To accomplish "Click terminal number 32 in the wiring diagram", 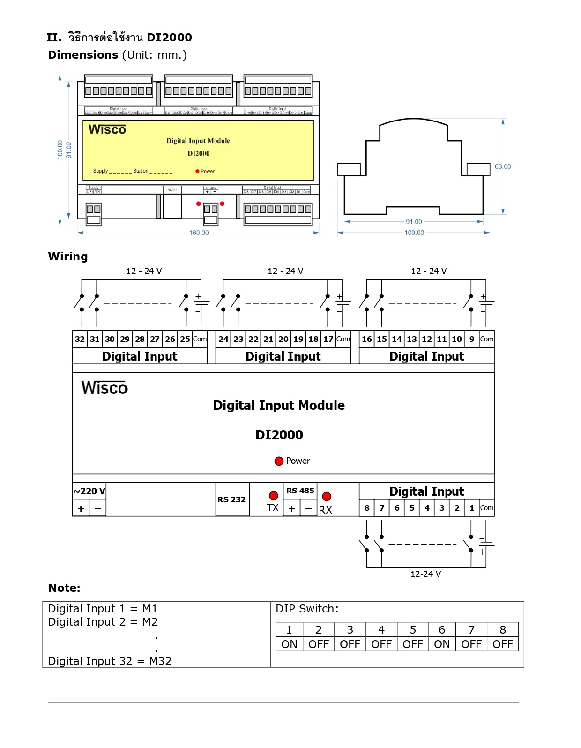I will pyautogui.click(x=80, y=339).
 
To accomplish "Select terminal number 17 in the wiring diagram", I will pyautogui.click(x=328, y=339).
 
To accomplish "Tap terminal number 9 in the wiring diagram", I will pyautogui.click(x=472, y=339).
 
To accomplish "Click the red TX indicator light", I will pyautogui.click(x=274, y=496).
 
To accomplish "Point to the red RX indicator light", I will pyautogui.click(x=327, y=496).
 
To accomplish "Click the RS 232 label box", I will pyautogui.click(x=231, y=499).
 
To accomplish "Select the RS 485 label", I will pyautogui.click(x=300, y=491).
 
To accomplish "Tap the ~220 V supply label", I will pyautogui.click(x=89, y=491).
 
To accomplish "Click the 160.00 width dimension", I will pyautogui.click(x=199, y=233).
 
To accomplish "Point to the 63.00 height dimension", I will pyautogui.click(x=503, y=166).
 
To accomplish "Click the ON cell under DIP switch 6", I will pyautogui.click(x=442, y=644).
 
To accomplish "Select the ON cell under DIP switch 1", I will pyautogui.click(x=289, y=644).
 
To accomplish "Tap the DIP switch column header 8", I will pyautogui.click(x=503, y=630).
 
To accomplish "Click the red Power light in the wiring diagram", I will pyautogui.click(x=279, y=461).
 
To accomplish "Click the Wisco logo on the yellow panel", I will pyautogui.click(x=107, y=129).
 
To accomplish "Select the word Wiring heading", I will pyautogui.click(x=68, y=257).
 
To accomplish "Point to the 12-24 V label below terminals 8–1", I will pyautogui.click(x=425, y=574).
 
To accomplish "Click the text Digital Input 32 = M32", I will pyautogui.click(x=110, y=661).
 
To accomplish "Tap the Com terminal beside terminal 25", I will pyautogui.click(x=200, y=339).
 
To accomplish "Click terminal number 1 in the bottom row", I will pyautogui.click(x=472, y=508).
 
